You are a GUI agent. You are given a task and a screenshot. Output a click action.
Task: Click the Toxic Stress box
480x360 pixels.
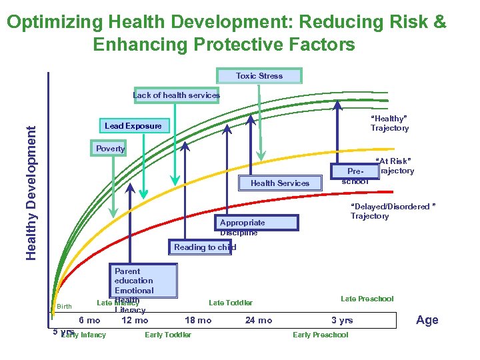coord(259,76)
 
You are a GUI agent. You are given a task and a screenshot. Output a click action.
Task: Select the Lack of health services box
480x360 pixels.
coord(176,95)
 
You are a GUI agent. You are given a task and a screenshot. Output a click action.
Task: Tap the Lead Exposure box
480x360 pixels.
coord(133,126)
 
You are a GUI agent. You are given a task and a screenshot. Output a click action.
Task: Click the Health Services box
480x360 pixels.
coord(280,183)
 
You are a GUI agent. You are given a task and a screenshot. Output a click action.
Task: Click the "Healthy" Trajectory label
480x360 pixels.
coord(389,123)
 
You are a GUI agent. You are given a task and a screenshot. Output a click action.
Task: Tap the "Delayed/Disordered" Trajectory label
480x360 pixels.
coord(393,211)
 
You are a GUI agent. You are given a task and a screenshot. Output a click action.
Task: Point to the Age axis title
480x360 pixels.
coord(427,320)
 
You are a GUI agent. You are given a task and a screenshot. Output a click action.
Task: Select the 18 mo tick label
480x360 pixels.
coord(198,321)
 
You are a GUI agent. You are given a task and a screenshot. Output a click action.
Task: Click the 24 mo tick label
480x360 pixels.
coord(259,321)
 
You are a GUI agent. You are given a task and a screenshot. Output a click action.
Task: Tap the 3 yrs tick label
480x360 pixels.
coord(342,321)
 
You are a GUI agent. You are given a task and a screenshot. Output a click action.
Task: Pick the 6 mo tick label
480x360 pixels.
coord(89,321)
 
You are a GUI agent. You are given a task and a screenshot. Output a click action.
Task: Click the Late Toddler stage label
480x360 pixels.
coord(231,303)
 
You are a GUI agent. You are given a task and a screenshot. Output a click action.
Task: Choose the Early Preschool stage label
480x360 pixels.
coord(320,335)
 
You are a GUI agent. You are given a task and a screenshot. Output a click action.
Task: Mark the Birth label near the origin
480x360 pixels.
coord(64,307)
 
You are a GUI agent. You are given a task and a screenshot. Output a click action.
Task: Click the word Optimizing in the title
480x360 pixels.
coord(55,22)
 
